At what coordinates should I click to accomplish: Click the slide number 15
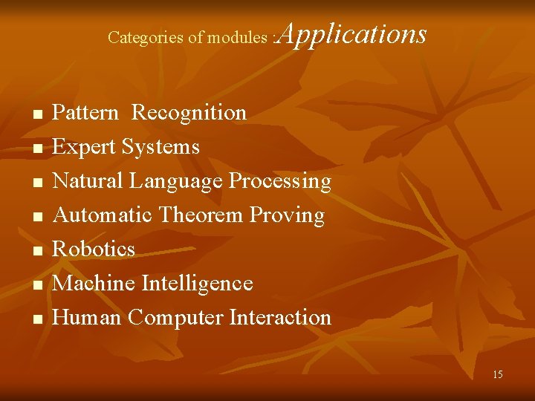pyautogui.click(x=497, y=374)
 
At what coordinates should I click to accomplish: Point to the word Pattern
pyautogui.click(x=85, y=113)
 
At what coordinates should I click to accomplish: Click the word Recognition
pyautogui.click(x=189, y=113)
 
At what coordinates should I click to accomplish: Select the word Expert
pyautogui.click(x=85, y=147)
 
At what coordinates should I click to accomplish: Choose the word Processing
pyautogui.click(x=279, y=181)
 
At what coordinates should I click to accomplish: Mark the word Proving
pyautogui.click(x=288, y=215)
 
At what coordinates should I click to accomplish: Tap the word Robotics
pyautogui.click(x=94, y=249)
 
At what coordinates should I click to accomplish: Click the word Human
pyautogui.click(x=87, y=317)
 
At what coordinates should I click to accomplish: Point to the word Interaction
pyautogui.click(x=280, y=317)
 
